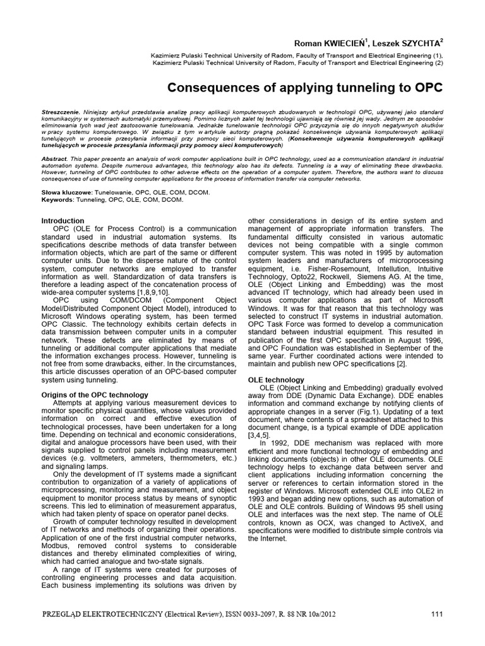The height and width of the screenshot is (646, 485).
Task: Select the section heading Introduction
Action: click(x=63, y=221)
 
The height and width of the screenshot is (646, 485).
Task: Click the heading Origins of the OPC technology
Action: click(x=94, y=395)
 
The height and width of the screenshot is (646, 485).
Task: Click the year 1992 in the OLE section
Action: click(x=279, y=443)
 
